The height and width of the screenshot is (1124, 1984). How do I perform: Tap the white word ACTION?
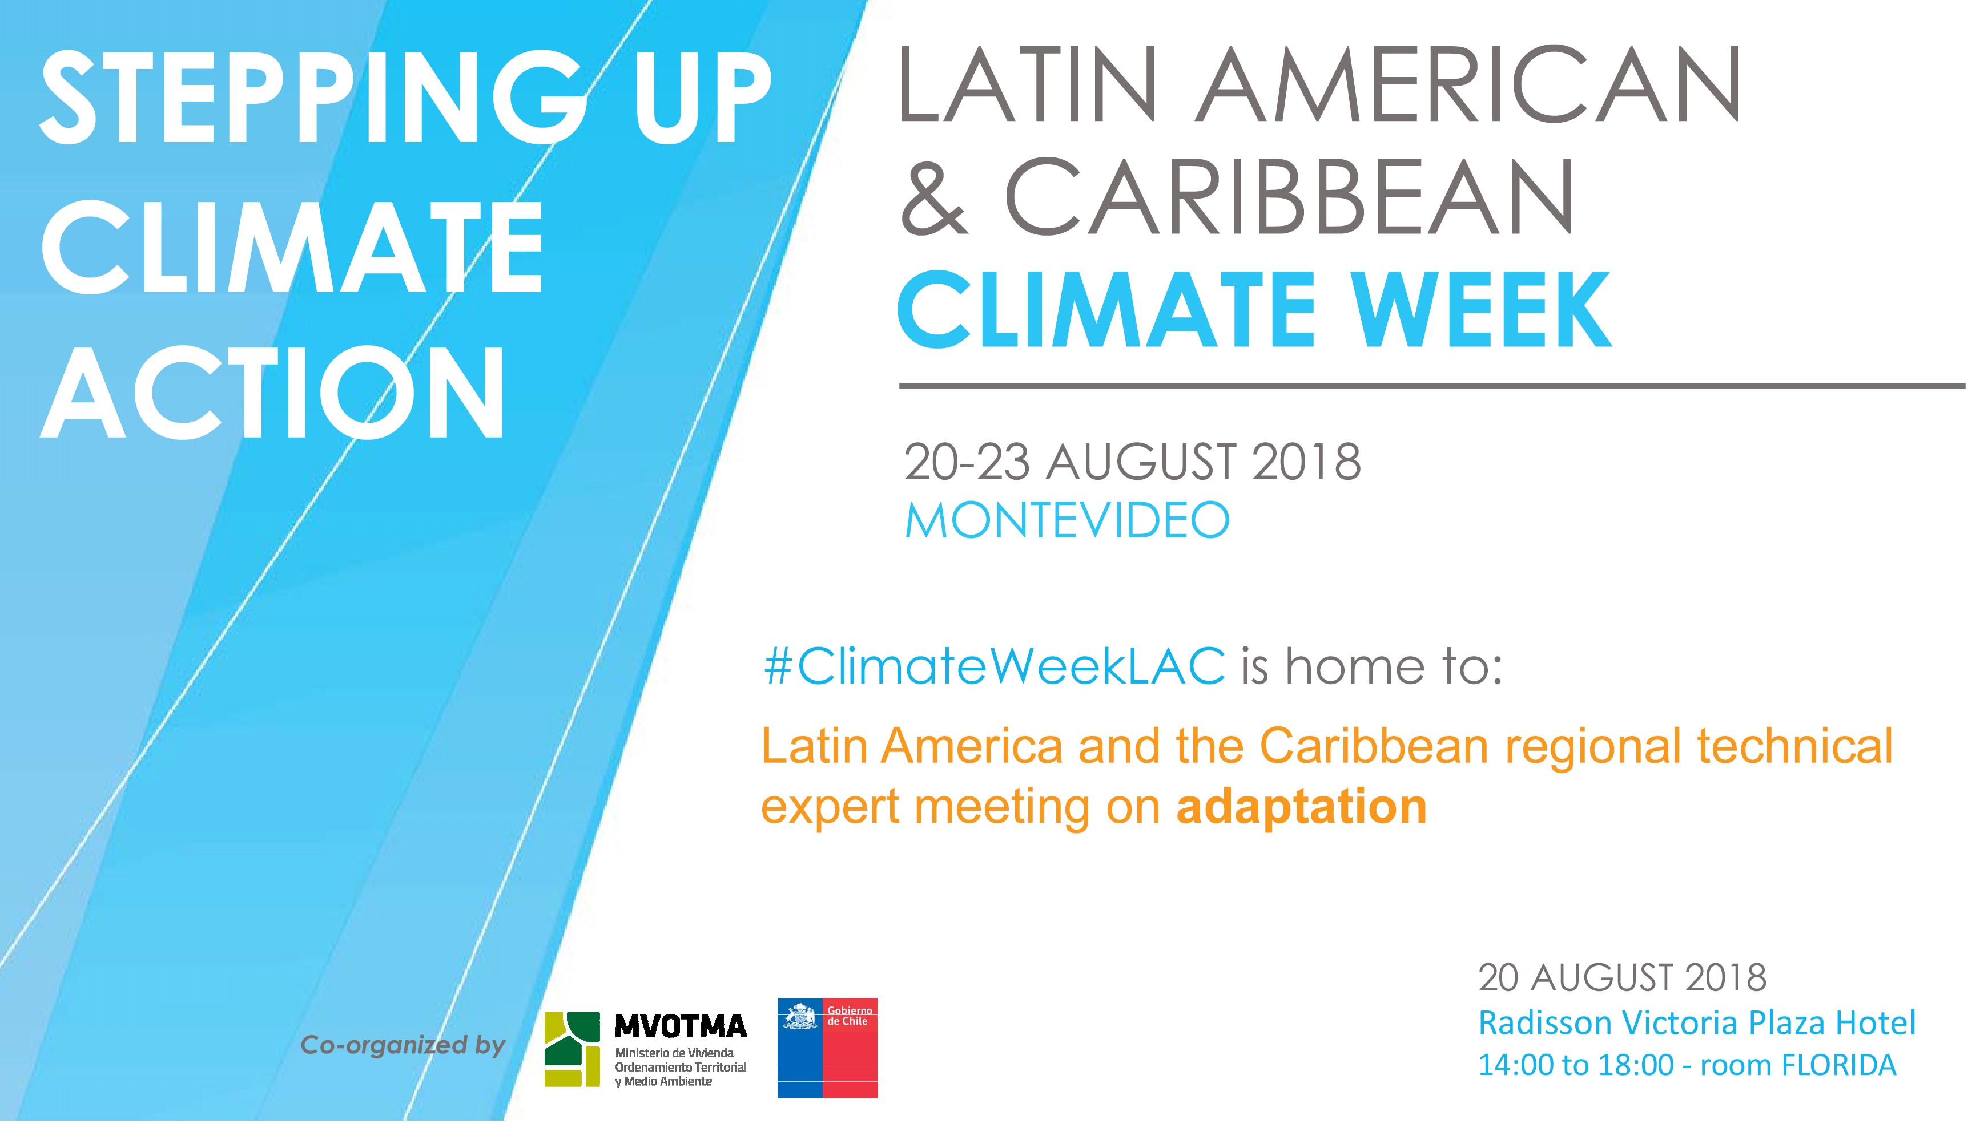tap(273, 393)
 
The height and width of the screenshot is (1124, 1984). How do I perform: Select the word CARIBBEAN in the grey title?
tap(1290, 197)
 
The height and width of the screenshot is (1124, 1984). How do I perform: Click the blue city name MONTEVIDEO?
tap(1067, 521)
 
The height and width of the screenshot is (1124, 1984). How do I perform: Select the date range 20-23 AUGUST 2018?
tap(1132, 462)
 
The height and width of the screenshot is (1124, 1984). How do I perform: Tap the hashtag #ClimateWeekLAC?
tap(994, 665)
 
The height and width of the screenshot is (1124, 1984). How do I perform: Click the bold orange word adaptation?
tap(1301, 807)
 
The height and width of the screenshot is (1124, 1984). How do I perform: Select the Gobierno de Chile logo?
tap(827, 1048)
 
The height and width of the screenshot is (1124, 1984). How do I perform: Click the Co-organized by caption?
tap(403, 1045)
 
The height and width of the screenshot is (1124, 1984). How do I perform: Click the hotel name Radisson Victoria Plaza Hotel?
tap(1697, 1023)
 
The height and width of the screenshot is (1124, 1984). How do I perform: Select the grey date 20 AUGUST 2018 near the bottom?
tap(1622, 977)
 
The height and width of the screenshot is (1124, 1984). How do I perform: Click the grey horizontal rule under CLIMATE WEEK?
tap(1432, 385)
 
